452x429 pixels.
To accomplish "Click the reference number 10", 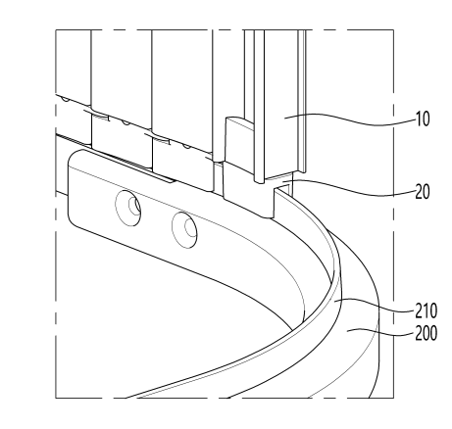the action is (x=423, y=119).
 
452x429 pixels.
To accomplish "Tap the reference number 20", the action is (x=423, y=192).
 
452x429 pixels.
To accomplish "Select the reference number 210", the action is (x=426, y=310).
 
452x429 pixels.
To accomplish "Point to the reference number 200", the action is (x=426, y=333).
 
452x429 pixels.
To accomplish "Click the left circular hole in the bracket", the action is (x=128, y=208).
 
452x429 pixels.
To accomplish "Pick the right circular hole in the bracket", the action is (x=184, y=230).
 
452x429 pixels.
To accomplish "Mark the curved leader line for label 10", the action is (x=350, y=119).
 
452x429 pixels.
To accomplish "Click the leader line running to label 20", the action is (x=350, y=188).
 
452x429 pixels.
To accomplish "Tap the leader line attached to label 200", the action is (x=380, y=334).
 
